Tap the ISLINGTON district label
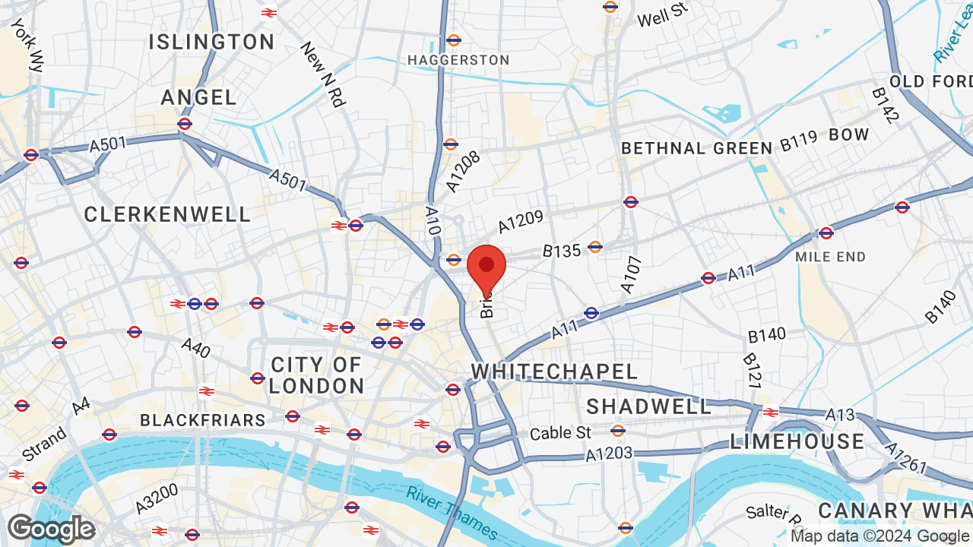211,42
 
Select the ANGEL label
199,97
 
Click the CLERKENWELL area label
167,215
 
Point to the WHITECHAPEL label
554,372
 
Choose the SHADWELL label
648,406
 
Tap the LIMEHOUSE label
797,441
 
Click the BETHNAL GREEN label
697,148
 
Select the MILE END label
830,257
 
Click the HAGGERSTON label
458,60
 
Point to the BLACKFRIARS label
203,420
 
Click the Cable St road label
560,433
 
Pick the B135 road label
561,250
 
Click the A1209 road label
521,222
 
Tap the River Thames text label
452,512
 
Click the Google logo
51,529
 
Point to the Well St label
662,14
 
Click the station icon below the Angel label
184,123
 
